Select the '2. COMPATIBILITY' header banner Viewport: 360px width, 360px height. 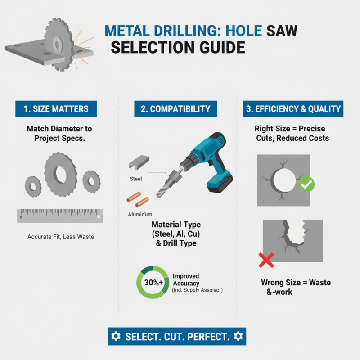[175, 109]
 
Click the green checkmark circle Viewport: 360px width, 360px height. [306, 184]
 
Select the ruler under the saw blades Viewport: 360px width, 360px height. [60, 216]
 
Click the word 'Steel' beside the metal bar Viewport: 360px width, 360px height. [136, 179]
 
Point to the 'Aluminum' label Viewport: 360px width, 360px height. [140, 215]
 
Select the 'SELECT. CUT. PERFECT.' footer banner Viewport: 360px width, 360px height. [177, 336]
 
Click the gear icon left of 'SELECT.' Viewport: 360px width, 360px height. [116, 336]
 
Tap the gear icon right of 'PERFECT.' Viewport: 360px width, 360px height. [238, 336]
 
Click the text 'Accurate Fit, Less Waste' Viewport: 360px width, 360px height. [61, 237]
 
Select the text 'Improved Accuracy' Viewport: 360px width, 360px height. [186, 279]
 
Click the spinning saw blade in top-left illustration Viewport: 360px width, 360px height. [58, 45]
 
